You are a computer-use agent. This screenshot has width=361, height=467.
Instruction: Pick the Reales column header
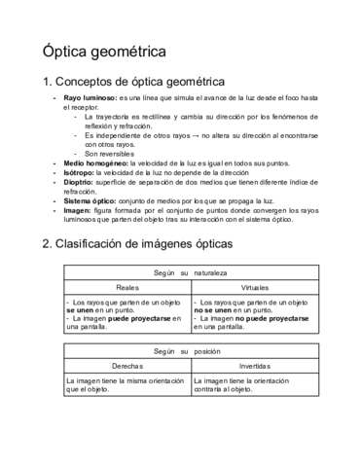(127, 289)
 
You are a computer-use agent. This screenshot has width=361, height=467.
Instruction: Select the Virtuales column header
(255, 289)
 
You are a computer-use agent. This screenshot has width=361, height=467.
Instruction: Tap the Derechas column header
(127, 364)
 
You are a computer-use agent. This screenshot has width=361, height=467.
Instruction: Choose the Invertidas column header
(255, 364)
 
